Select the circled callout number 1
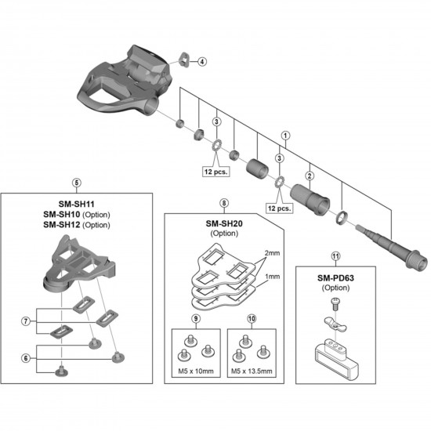point(287,135)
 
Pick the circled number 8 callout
point(225,202)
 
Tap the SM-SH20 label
point(225,222)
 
